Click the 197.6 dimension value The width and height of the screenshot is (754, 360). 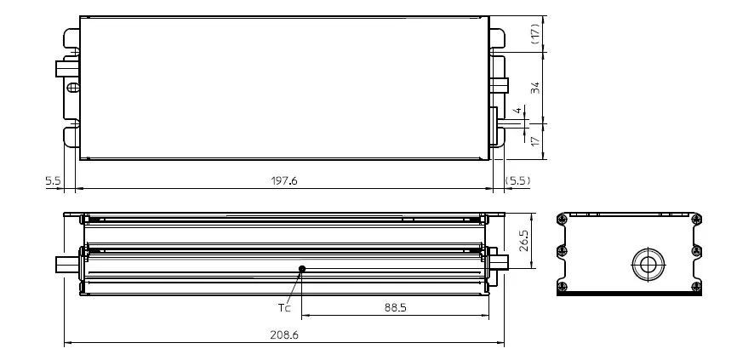(x=283, y=181)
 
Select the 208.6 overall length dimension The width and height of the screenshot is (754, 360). (x=283, y=335)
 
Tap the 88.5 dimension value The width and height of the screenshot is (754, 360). (x=395, y=307)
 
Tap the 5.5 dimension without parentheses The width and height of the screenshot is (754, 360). (x=52, y=181)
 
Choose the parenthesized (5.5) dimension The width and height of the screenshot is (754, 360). (x=517, y=181)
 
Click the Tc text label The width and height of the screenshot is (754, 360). (x=284, y=307)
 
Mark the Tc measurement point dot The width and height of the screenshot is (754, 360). (x=302, y=269)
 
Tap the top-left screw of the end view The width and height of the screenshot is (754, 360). (x=562, y=220)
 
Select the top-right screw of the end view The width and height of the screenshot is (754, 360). (x=697, y=220)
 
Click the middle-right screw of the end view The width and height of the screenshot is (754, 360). (x=697, y=250)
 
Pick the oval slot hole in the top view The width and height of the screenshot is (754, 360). (x=73, y=88)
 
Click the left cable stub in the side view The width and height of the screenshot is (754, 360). (x=66, y=263)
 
